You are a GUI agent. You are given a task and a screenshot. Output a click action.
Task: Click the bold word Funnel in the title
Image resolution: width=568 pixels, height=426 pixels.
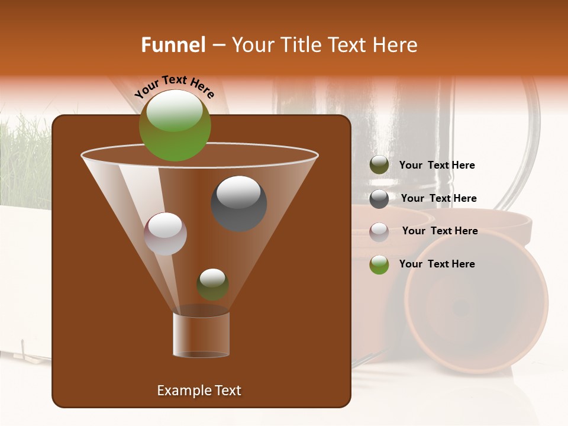[x=173, y=45]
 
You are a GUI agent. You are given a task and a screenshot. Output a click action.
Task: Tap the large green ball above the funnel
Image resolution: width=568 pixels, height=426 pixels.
[x=175, y=125]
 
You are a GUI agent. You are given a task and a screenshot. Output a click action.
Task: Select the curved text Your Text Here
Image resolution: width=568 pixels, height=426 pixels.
[x=174, y=86]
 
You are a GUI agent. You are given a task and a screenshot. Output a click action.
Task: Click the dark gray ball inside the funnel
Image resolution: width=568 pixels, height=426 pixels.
[x=238, y=203]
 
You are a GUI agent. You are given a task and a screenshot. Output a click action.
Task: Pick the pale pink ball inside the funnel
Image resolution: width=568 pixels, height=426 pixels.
[x=166, y=233]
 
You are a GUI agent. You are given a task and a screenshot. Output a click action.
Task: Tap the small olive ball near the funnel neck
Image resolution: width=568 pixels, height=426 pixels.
[x=212, y=284]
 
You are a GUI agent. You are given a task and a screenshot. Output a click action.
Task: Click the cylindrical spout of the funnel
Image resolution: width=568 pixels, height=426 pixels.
[x=201, y=334]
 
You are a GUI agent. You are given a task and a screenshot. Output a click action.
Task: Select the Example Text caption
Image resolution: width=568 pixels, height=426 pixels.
[x=199, y=390]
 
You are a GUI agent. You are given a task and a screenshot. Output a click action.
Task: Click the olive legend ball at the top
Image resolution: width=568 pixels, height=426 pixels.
[x=379, y=165]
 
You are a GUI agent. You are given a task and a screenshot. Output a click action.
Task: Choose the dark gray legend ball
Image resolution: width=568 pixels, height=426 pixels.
[x=379, y=198]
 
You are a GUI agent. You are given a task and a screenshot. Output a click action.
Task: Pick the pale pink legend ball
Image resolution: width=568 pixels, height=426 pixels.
[x=379, y=231]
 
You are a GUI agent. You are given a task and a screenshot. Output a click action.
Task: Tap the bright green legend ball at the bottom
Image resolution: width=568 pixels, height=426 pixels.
[x=379, y=264]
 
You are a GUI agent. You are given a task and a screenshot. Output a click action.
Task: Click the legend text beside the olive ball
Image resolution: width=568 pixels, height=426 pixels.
[x=437, y=165]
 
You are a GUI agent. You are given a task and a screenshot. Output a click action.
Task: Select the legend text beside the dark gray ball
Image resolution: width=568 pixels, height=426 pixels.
[x=438, y=198]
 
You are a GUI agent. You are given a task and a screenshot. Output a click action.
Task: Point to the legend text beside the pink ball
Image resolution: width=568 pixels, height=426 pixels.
[x=440, y=231]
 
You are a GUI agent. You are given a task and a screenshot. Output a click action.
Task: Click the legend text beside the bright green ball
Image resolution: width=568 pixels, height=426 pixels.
[x=437, y=264]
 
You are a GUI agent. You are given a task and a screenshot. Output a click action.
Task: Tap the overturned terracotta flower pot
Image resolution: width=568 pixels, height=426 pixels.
[x=476, y=302]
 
